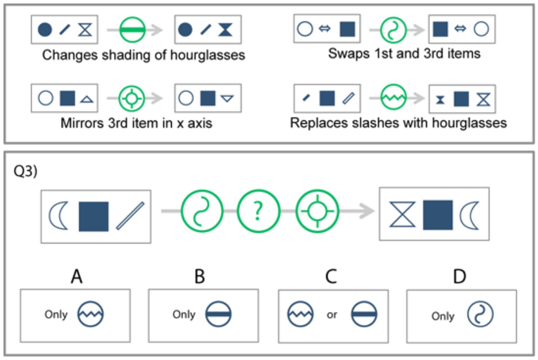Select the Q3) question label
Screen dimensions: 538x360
pyautogui.click(x=26, y=171)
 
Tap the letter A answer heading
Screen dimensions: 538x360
pyautogui.click(x=77, y=277)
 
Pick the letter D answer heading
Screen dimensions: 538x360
pyautogui.click(x=459, y=277)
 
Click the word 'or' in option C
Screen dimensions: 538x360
pyautogui.click(x=332, y=315)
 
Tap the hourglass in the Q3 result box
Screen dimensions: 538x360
pyautogui.click(x=402, y=214)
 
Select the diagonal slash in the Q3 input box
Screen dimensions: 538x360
pyautogui.click(x=130, y=216)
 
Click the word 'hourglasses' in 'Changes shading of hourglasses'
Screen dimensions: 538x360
pyautogui.click(x=208, y=55)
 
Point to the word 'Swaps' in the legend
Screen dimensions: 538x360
pyautogui.click(x=349, y=53)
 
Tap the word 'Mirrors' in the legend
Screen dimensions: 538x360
pyautogui.click(x=82, y=123)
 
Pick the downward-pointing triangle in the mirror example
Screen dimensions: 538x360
pyautogui.click(x=227, y=98)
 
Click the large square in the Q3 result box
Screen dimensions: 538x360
pyautogui.click(x=438, y=215)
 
